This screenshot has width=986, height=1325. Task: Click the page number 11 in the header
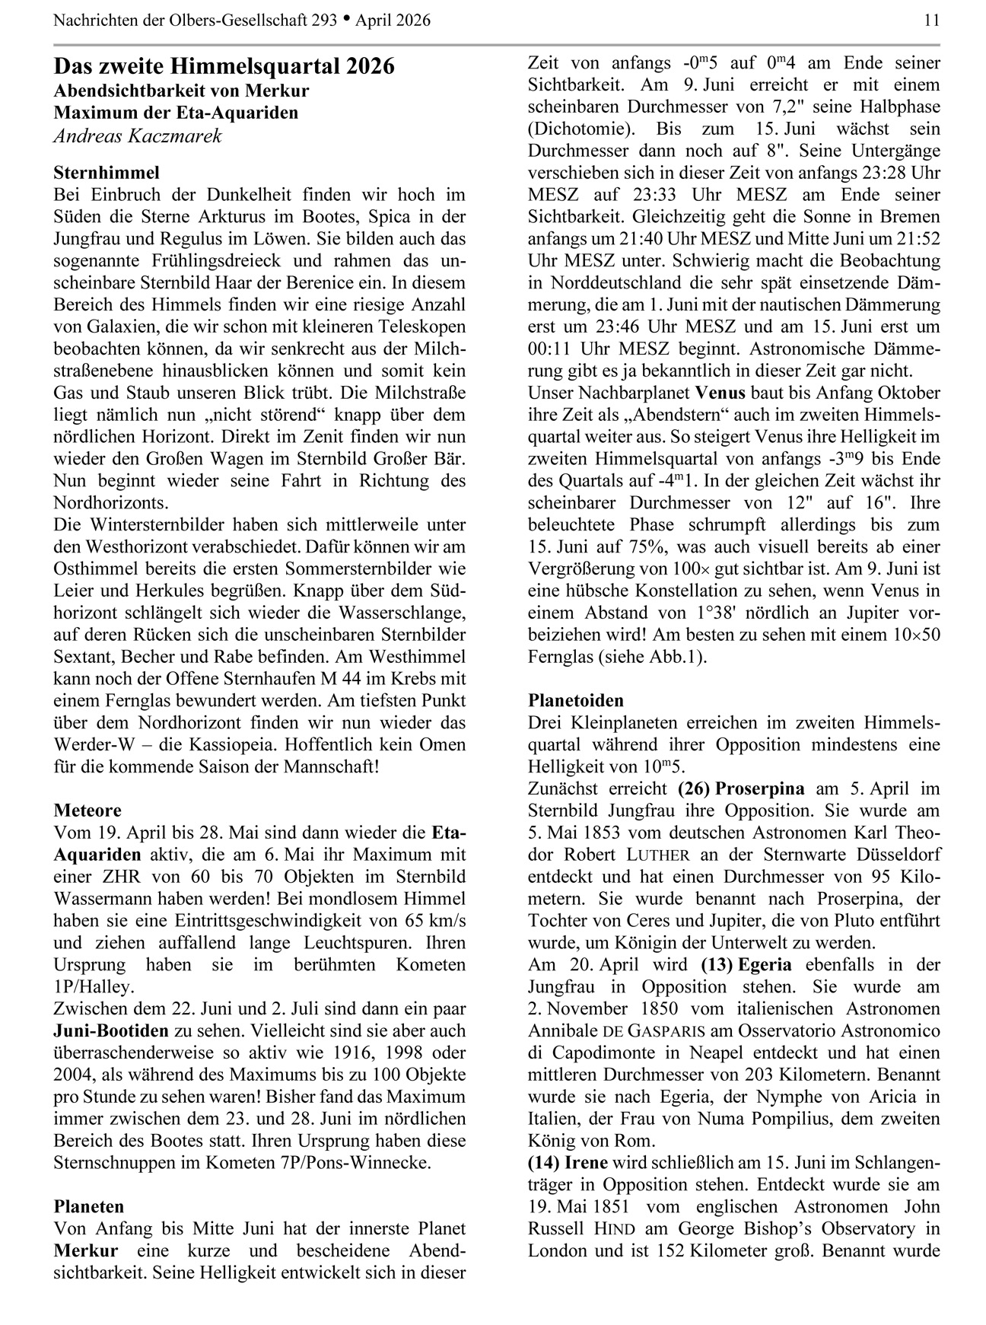click(x=932, y=21)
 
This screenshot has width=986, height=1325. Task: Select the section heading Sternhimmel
click(x=107, y=173)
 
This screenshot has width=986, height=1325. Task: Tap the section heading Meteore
click(x=87, y=810)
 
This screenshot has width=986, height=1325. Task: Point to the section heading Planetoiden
click(x=576, y=700)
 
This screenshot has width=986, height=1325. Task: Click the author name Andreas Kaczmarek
click(x=138, y=136)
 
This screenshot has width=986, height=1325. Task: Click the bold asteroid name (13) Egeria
click(x=746, y=965)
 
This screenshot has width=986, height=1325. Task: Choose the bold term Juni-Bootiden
click(x=111, y=1031)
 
